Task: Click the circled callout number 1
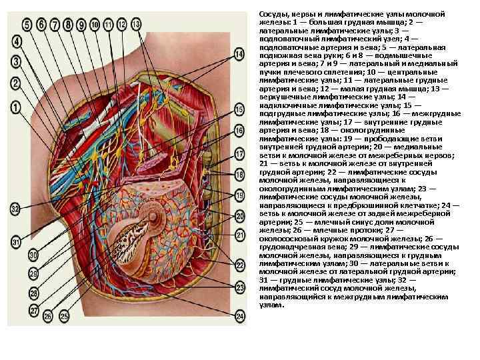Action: pos(14,107)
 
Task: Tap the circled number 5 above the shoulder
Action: pos(27,25)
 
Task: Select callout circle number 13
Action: pos(136,24)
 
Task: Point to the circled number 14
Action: pos(239,53)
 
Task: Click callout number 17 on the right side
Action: pos(239,155)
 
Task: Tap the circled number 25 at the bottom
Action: pos(65,315)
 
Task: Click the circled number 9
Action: pos(81,25)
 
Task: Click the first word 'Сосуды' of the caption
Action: pos(273,14)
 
